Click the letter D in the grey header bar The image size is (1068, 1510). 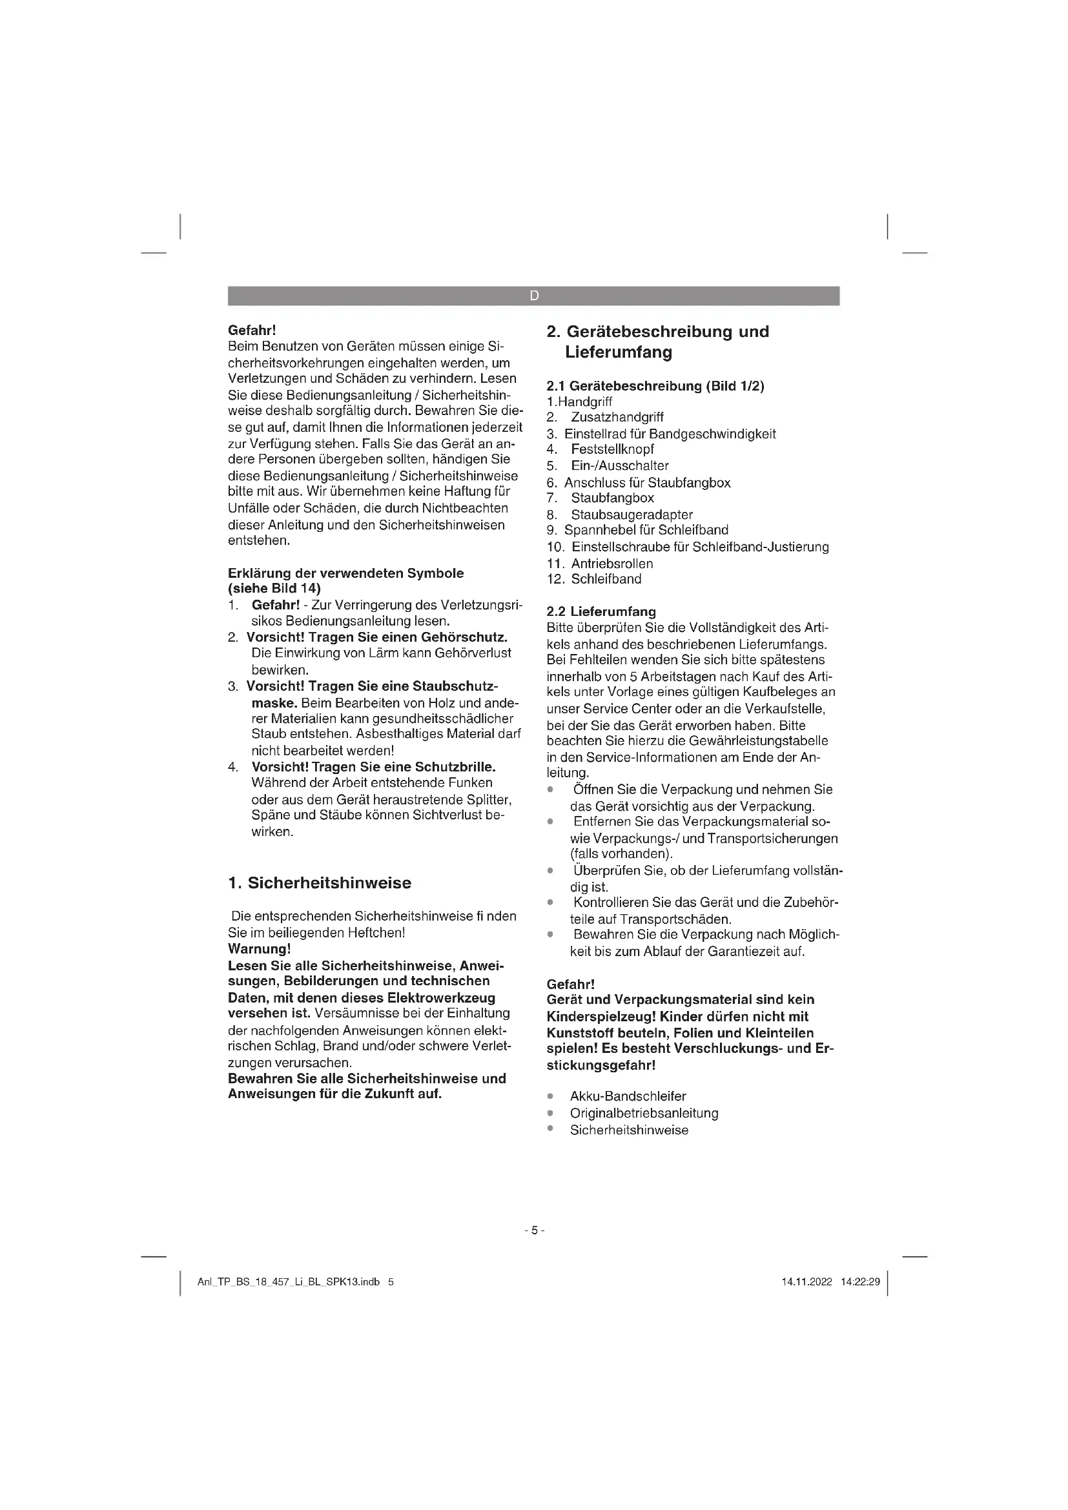(x=534, y=296)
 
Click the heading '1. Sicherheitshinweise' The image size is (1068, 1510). (x=320, y=883)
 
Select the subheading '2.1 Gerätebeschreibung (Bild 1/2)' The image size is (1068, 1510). (x=655, y=386)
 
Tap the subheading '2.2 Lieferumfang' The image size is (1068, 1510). (x=601, y=611)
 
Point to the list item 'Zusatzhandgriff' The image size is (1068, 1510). (x=617, y=417)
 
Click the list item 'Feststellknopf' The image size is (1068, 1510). (x=612, y=449)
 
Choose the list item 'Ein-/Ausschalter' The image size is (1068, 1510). (x=619, y=465)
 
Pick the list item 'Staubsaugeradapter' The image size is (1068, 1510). (x=632, y=515)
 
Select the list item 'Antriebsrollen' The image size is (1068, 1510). (x=611, y=564)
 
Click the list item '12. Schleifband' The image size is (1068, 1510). (x=594, y=578)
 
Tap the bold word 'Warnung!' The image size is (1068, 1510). (x=259, y=949)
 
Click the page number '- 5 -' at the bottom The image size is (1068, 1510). (x=534, y=1230)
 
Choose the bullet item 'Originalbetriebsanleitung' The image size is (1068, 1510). (x=644, y=1113)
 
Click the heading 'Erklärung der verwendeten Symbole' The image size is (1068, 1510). (x=345, y=573)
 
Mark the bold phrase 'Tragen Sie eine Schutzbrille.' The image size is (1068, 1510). (x=403, y=767)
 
